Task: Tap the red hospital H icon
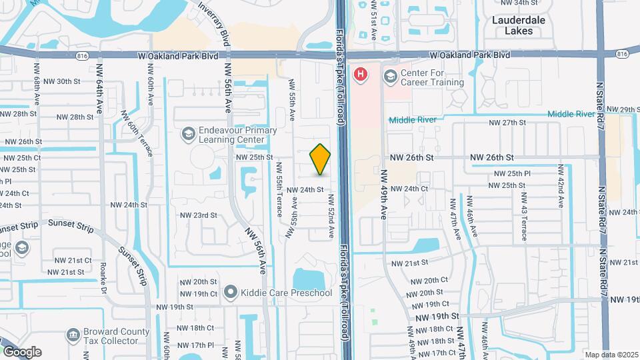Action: (x=361, y=74)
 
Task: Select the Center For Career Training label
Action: (x=432, y=77)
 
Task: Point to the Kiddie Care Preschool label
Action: (x=287, y=293)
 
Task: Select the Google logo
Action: (x=22, y=352)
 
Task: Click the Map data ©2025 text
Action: (x=611, y=355)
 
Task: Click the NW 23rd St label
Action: (x=199, y=215)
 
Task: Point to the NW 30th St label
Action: (x=69, y=82)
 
